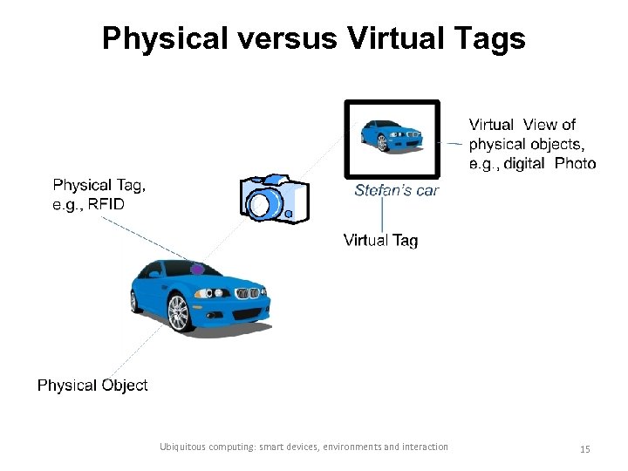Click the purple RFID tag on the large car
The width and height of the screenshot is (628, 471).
point(198,268)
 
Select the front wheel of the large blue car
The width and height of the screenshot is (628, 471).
point(179,313)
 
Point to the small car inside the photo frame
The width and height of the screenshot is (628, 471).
point(392,135)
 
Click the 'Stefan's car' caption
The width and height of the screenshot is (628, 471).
point(396,190)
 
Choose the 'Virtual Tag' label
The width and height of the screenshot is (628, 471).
point(380,240)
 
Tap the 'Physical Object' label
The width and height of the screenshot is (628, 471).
point(92,385)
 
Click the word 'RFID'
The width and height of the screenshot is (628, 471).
point(106,205)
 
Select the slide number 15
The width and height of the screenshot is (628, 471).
point(585,448)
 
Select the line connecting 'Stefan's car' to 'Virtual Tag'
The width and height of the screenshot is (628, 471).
point(382,215)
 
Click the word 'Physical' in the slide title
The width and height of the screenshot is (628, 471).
point(160,38)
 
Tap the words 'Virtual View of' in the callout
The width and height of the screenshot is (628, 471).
point(522,125)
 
